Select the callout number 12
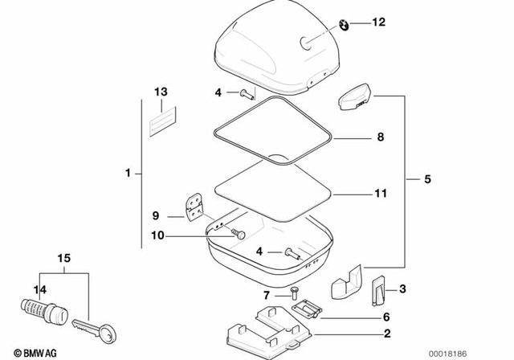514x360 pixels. pyautogui.click(x=378, y=22)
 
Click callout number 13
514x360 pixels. pyautogui.click(x=161, y=92)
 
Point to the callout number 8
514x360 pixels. pyautogui.click(x=380, y=137)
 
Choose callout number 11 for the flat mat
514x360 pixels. pyautogui.click(x=381, y=194)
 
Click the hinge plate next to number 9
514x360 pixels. pyautogui.click(x=192, y=207)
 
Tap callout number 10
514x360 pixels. pyautogui.click(x=158, y=235)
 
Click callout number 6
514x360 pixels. pyautogui.click(x=385, y=317)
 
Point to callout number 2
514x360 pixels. pyautogui.click(x=385, y=333)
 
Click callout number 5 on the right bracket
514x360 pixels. pyautogui.click(x=428, y=178)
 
